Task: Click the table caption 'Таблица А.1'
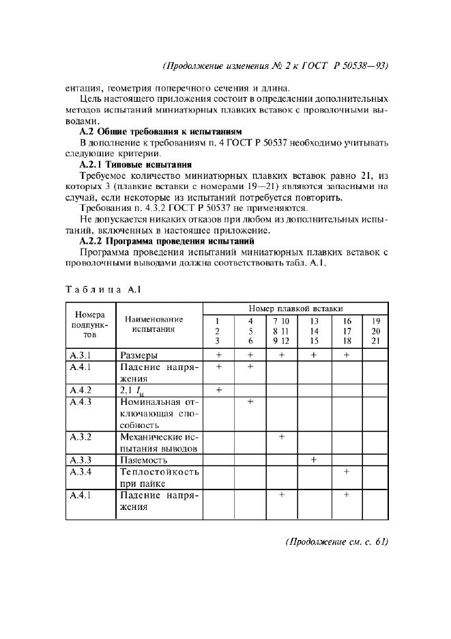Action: tap(102, 289)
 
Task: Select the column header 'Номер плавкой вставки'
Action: tap(295, 309)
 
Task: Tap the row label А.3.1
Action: tap(81, 355)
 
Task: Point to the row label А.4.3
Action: tap(81, 402)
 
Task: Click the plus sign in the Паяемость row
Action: tap(314, 460)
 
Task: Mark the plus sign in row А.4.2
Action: tap(218, 390)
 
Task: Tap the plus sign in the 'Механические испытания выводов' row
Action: tap(281, 437)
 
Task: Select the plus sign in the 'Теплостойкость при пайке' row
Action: tap(347, 472)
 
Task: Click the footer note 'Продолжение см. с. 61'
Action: tap(336, 542)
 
